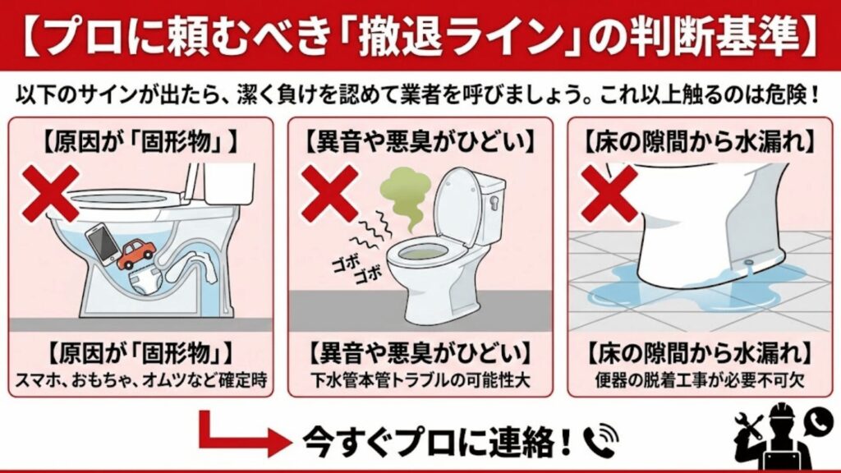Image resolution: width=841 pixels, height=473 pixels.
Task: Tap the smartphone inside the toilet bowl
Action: tap(102, 244)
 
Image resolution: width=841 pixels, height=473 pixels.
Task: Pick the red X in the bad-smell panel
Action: tap(329, 194)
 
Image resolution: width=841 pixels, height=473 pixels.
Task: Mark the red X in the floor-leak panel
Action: tap(609, 194)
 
